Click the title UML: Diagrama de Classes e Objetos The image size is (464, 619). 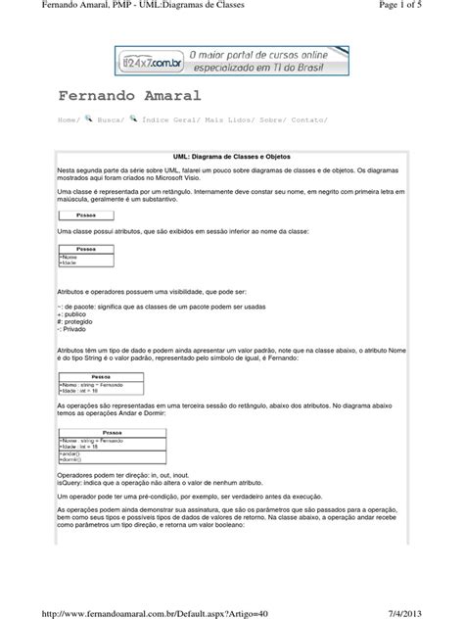point(232,156)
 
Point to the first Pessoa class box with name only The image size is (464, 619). point(85,214)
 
